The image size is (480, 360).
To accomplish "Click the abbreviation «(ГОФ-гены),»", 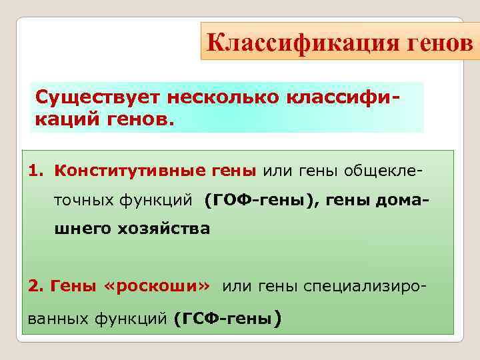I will point(263,199).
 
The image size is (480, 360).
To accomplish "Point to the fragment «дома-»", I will point(401,199).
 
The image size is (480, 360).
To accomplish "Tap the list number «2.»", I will point(35,286).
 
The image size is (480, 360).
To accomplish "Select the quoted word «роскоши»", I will point(158,286).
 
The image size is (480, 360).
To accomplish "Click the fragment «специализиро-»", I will point(365,286).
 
